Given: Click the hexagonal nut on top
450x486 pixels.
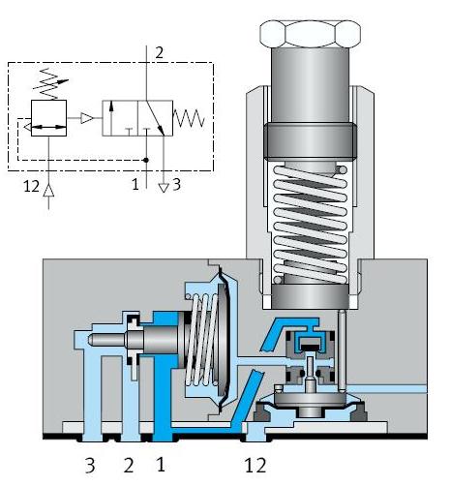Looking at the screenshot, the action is coord(310,34).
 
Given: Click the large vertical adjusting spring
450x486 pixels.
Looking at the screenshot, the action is coord(310,224).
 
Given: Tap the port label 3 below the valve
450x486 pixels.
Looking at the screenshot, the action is coord(90,466).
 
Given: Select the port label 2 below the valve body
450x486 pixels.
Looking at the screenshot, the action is coord(129,466).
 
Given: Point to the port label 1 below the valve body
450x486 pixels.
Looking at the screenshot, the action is coord(161,465).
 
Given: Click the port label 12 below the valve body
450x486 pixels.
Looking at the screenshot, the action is coord(255,465).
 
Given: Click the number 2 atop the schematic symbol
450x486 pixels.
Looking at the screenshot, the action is coord(159,53).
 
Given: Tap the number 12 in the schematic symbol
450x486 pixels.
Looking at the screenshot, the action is coord(31,186).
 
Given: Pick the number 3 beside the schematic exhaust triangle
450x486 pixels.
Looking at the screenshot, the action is coord(176,185).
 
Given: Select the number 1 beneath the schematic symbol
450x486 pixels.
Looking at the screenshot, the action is coord(135,185).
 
